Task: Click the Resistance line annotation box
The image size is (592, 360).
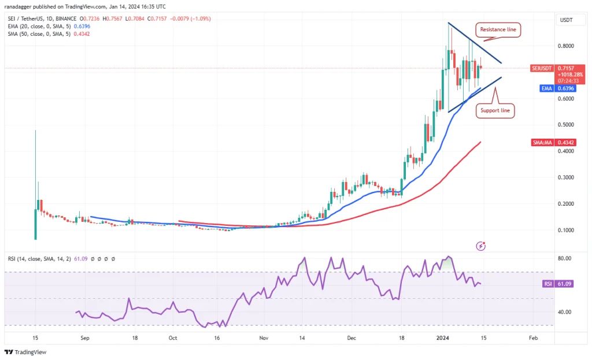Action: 498,28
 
